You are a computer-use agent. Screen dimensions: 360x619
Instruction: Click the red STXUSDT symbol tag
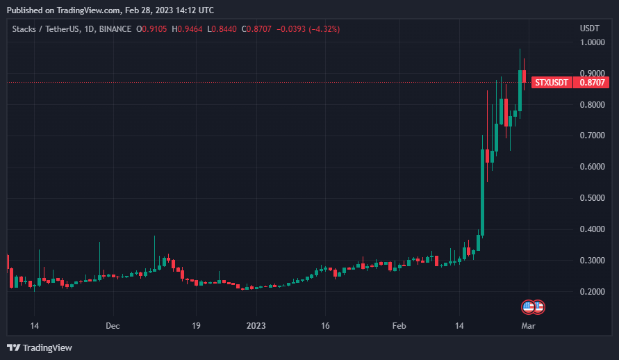coord(552,83)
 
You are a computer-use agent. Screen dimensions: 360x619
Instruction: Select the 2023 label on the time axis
coord(256,325)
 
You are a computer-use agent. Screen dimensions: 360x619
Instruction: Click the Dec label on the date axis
coord(113,325)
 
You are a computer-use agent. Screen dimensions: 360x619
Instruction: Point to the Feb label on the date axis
coord(399,325)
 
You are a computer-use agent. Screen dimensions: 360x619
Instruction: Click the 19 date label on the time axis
coord(197,325)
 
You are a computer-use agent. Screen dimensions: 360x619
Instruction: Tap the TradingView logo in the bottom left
coord(40,347)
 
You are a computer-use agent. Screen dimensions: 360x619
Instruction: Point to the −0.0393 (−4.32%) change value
coord(308,29)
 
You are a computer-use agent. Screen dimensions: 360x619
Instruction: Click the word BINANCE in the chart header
coord(115,29)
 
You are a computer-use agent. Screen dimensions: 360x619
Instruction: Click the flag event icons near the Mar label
coord(533,306)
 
